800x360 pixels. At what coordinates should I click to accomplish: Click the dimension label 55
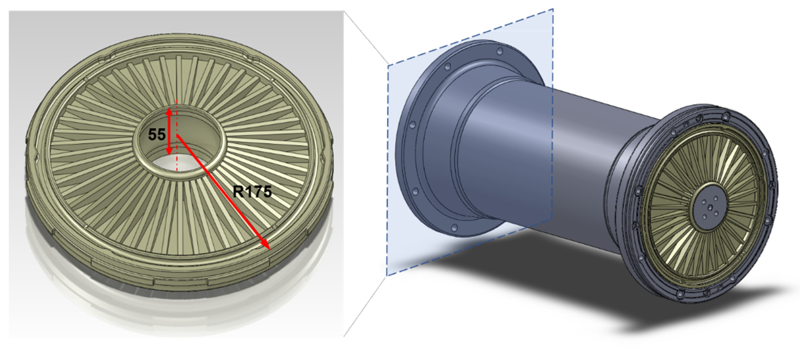point(157,135)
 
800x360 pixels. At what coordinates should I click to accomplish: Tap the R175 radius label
point(252,192)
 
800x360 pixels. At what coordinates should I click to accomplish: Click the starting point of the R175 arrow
point(177,135)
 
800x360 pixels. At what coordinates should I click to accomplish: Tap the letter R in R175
point(238,192)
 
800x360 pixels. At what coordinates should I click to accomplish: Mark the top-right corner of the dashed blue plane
point(553,9)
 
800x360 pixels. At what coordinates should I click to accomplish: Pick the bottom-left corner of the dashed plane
point(387,275)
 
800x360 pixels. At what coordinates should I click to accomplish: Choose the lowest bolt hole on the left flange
point(454,228)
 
